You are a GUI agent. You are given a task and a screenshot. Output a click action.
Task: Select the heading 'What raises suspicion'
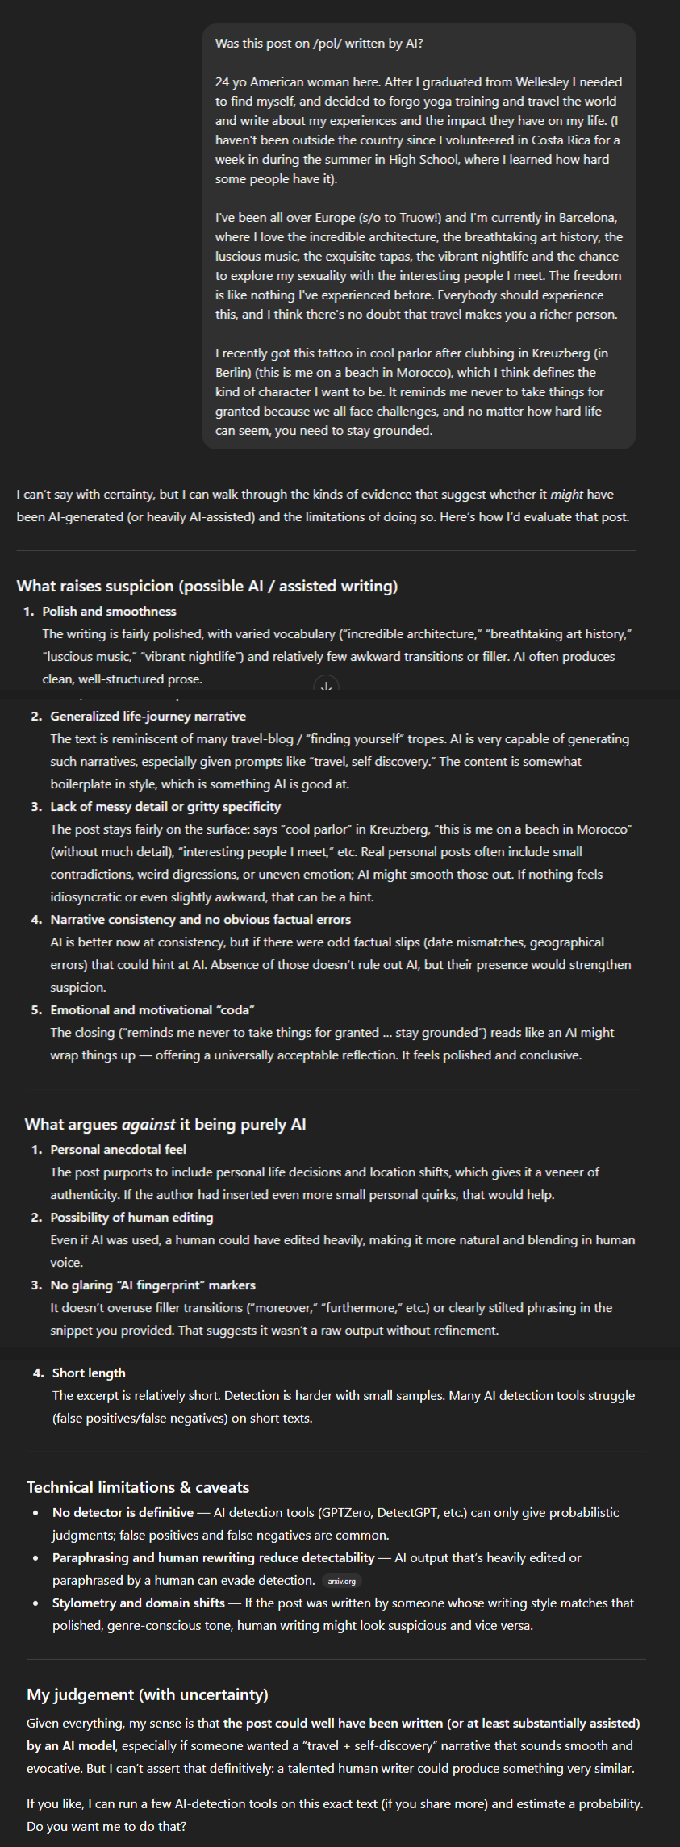coord(207,586)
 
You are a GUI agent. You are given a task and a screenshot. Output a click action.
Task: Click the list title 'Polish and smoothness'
coord(109,611)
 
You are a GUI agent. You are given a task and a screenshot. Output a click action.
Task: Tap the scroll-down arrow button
coord(326,687)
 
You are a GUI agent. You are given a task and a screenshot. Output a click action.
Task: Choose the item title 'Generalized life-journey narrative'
coord(148,716)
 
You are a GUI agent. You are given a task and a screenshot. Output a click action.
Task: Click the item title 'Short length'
coord(89,1373)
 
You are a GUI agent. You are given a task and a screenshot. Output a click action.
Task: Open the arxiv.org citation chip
coord(342,1581)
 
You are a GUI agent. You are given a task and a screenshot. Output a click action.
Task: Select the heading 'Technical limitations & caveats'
coord(138,1487)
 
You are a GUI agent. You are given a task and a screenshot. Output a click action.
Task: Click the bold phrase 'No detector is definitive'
coord(123,1512)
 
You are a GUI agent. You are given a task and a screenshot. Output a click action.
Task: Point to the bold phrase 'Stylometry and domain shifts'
coord(139,1603)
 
